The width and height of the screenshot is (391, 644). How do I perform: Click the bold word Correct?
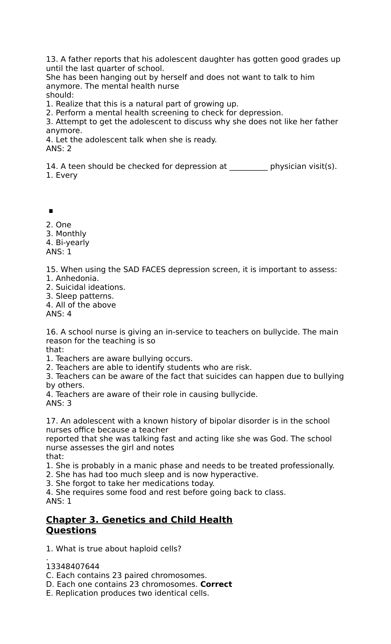click(x=216, y=584)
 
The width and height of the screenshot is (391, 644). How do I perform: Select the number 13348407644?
click(x=73, y=566)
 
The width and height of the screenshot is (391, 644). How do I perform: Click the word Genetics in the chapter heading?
click(x=123, y=520)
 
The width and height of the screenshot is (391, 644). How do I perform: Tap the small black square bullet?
click(x=51, y=211)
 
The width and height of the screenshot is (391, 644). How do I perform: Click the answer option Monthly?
click(x=71, y=234)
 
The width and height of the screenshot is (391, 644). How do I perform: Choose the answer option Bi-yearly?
click(x=72, y=242)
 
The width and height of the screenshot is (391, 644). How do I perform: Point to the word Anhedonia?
click(x=77, y=278)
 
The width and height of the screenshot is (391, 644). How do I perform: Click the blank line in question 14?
click(x=248, y=167)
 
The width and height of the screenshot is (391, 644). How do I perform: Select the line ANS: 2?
click(x=59, y=149)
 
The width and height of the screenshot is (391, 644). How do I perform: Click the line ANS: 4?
click(x=59, y=314)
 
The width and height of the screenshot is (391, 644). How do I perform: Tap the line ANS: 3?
click(x=59, y=403)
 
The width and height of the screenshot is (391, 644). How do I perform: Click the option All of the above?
click(x=85, y=305)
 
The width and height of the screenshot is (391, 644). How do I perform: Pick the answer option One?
click(x=63, y=225)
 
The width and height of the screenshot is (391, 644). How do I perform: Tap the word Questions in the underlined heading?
click(x=71, y=530)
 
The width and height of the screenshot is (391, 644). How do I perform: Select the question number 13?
click(x=52, y=59)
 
